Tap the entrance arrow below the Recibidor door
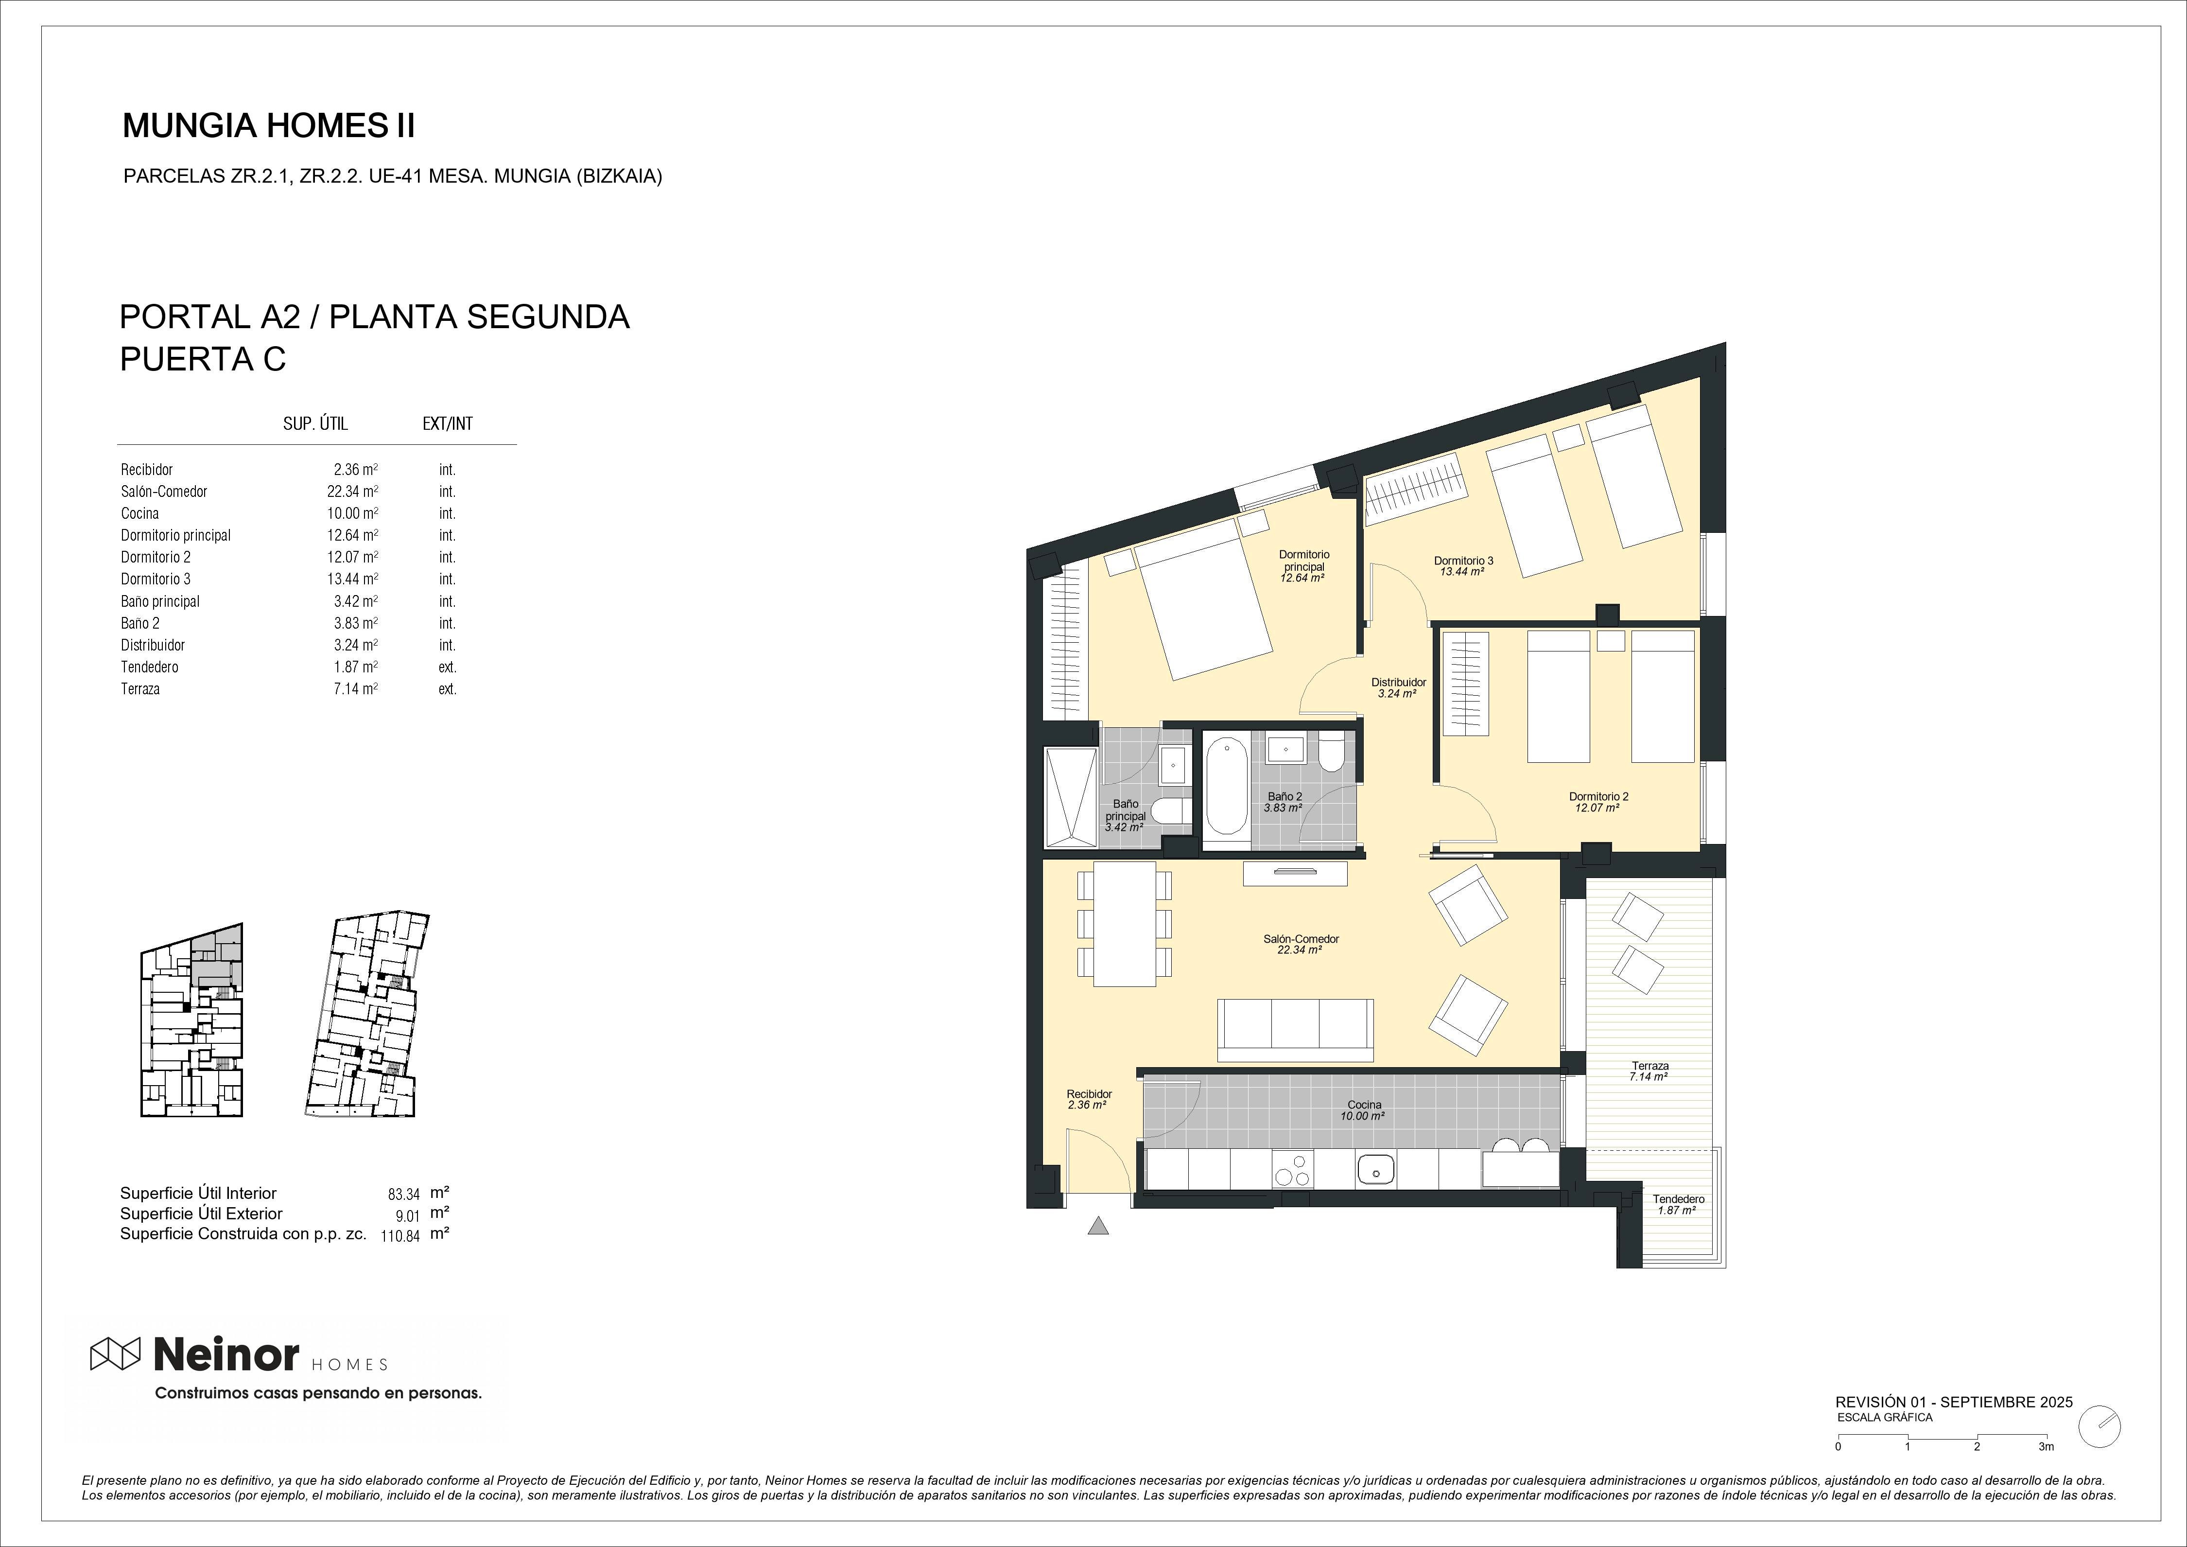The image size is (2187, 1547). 1098,1226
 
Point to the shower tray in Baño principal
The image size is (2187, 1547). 1073,796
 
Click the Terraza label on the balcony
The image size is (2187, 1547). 1650,1066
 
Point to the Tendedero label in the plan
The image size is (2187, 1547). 1678,1199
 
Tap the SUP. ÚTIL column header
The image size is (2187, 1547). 315,424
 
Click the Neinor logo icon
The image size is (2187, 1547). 115,1354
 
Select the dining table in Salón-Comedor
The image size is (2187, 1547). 1125,924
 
